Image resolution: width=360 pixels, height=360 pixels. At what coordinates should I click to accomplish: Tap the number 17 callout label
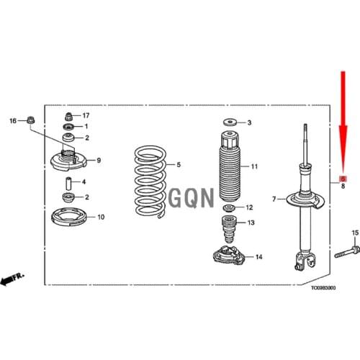click(x=86, y=115)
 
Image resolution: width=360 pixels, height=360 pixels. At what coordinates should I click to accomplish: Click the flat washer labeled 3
click(x=228, y=122)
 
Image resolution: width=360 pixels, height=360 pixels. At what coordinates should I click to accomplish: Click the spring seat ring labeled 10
click(x=68, y=215)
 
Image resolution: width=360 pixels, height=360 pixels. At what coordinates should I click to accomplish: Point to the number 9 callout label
click(x=99, y=160)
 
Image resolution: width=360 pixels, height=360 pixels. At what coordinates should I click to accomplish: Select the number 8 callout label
click(x=343, y=186)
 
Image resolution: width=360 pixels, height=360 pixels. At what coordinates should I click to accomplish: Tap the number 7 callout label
click(x=274, y=199)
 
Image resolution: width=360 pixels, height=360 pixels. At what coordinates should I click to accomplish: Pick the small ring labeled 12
click(x=228, y=208)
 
